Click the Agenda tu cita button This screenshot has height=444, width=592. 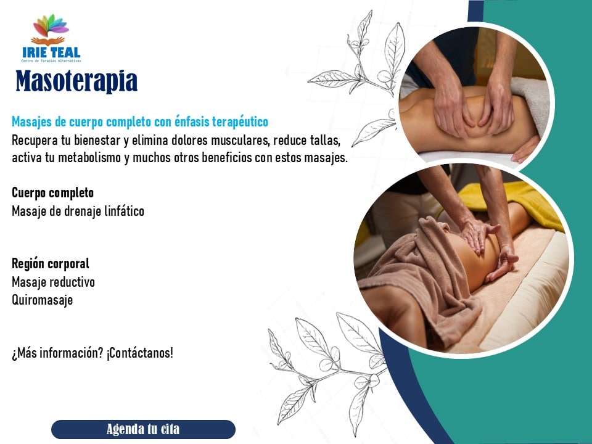pos(143,429)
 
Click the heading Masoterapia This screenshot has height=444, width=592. pos(76,81)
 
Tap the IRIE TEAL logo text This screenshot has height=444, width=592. pos(51,52)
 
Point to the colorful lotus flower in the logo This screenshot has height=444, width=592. pos(51,26)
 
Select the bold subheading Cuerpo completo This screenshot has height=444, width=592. pos(53,192)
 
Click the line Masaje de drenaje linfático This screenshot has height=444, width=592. pos(78,211)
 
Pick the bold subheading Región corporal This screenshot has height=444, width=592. pos(51,263)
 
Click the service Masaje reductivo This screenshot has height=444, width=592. pos(53,282)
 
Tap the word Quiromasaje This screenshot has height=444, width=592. pos(43,300)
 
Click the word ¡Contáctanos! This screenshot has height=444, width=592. pos(140,353)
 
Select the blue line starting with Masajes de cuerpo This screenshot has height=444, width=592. pos(140,122)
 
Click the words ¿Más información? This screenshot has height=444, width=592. pos(57,353)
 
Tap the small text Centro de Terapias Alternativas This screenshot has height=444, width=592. pos(51,61)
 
